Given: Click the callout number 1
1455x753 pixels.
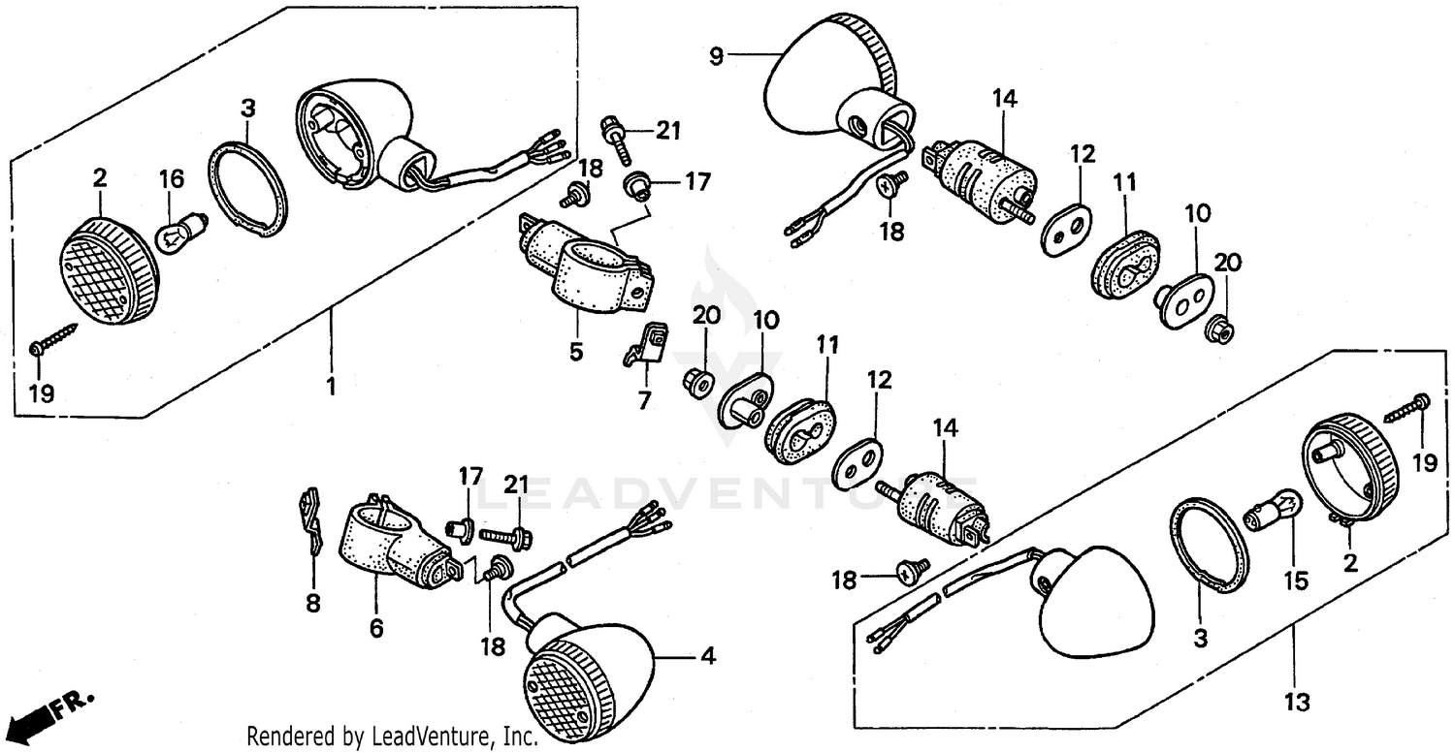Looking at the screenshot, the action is point(330,388).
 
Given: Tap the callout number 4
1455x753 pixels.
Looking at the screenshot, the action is point(709,657).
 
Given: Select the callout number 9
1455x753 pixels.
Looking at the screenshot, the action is point(716,56).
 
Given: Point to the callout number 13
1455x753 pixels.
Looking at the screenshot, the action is point(1297,701).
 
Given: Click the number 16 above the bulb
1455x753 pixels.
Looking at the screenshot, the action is point(171,178).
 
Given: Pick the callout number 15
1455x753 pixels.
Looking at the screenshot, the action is point(1296,581).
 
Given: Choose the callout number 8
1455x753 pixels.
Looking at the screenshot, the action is point(312,603).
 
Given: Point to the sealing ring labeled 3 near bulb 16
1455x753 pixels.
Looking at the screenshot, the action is point(249,189).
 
